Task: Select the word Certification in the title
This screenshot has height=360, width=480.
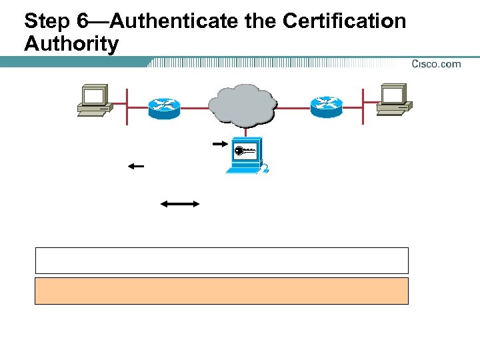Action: pos(344,21)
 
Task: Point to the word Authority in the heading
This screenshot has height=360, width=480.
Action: pos(71,45)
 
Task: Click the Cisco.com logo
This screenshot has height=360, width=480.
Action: pos(436,64)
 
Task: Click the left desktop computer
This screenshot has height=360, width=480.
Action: pos(93,100)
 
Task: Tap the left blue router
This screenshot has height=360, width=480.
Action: pos(164,107)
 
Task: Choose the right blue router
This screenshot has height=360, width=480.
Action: pos(326,106)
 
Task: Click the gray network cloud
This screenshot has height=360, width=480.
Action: pos(241,104)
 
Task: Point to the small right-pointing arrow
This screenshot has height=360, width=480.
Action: pos(219,143)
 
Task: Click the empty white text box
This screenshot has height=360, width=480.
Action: pos(221,261)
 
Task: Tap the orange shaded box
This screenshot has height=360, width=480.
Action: pos(221,291)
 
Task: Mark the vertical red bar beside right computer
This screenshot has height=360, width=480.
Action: pos(363,105)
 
